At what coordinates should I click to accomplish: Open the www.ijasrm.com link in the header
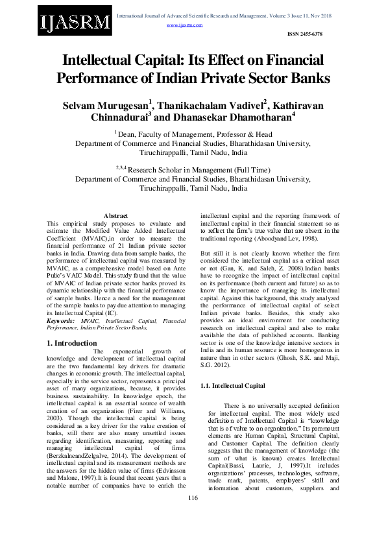pos(185,25)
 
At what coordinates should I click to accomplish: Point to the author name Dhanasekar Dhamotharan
pos(233,119)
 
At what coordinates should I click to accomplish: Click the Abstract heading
pos(116,215)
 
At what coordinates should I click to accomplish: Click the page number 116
pos(193,516)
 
